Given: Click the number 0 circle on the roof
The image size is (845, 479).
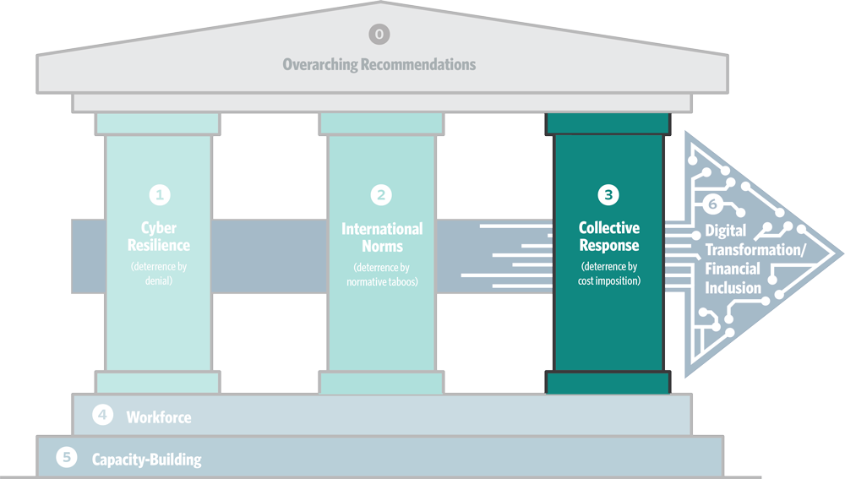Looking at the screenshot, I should (x=379, y=34).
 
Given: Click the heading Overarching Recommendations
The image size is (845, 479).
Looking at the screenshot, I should (x=379, y=64).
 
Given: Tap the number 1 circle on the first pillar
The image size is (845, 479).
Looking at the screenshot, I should (x=160, y=194).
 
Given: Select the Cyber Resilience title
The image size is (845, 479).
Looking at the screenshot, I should (x=160, y=237).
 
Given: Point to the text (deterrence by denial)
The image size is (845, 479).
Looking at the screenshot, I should (x=160, y=274).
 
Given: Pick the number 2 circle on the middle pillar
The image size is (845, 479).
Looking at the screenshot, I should (x=382, y=194).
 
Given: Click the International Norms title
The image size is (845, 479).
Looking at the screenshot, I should (x=382, y=237).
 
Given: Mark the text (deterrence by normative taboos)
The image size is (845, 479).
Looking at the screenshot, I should (x=382, y=274).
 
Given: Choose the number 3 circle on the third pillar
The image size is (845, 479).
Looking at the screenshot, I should (x=608, y=194).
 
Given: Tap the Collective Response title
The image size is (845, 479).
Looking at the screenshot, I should (x=608, y=237).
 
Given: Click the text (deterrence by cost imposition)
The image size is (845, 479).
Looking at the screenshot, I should (x=608, y=274).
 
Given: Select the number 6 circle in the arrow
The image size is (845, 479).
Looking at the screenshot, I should (x=712, y=204).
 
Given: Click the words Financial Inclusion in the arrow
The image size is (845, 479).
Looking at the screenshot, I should (x=733, y=279).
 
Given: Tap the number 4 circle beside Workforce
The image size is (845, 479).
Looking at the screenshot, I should (x=102, y=415).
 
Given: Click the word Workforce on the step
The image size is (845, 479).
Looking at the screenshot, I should (x=159, y=416).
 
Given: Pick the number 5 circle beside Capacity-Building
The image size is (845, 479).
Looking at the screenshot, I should (x=67, y=458).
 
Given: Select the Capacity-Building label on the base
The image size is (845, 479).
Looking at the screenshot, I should (x=147, y=460).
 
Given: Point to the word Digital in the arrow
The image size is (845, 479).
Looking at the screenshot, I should (x=725, y=231).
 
